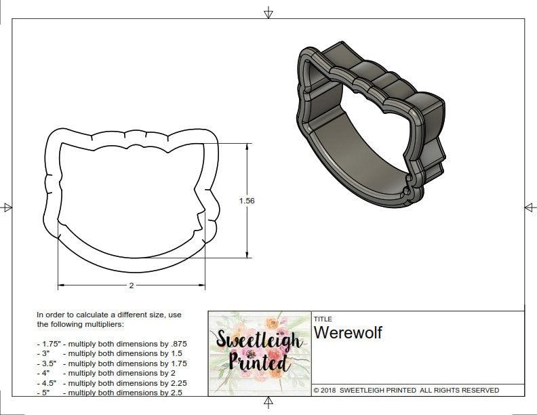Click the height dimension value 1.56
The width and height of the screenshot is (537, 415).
(x=246, y=201)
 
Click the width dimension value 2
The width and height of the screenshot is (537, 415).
(x=131, y=285)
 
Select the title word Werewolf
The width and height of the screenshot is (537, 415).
(x=347, y=333)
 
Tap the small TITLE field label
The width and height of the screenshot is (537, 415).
(x=322, y=318)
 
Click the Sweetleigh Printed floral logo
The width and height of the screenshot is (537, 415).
(x=259, y=353)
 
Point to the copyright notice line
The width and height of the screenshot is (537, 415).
(x=406, y=390)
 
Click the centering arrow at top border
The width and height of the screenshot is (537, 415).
(x=268, y=12)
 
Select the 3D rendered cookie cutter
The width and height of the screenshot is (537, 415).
(x=372, y=122)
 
